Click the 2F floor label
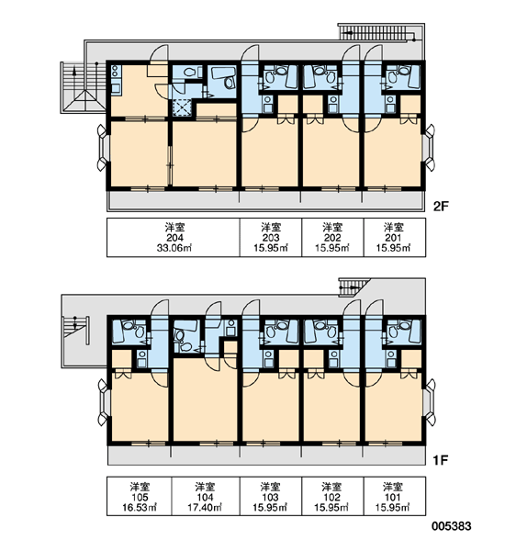pos(441,207)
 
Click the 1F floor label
pos(441,460)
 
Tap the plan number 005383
pos(452,526)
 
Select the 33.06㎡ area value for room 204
pos(174,248)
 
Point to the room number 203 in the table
pos(271,238)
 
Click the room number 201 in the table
pos(393,238)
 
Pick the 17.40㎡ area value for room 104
pos(205,508)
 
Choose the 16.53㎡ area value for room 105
pos(140,508)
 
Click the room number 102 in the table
pos(331,497)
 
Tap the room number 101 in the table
pos(393,497)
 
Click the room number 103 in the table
pos(270,497)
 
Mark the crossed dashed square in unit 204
pos(183,107)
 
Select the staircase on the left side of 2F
pos(83,87)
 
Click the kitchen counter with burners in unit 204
pos(116,80)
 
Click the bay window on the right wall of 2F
pos(430,147)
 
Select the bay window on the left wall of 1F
pos(102,402)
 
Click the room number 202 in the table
pos(332,238)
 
